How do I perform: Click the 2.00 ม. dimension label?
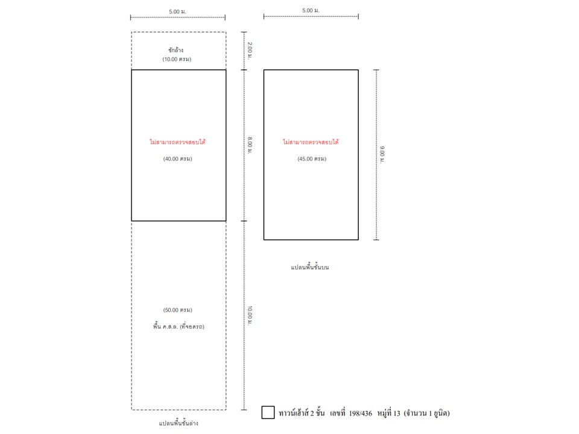(x=250, y=51)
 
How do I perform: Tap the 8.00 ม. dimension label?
(x=250, y=145)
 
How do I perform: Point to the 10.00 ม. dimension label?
(x=250, y=315)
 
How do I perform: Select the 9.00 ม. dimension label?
(x=382, y=155)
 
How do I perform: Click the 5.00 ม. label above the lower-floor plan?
(x=177, y=11)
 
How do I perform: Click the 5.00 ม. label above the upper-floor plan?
(x=311, y=10)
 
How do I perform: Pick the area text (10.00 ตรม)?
(x=177, y=59)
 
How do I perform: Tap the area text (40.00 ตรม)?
(x=177, y=159)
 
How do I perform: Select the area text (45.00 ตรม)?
(x=312, y=159)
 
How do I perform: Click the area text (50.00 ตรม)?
(x=177, y=310)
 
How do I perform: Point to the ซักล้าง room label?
(x=176, y=50)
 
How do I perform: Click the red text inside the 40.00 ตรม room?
(x=177, y=142)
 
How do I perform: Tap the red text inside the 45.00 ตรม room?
(x=311, y=142)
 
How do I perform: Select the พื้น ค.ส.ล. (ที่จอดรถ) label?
(x=179, y=326)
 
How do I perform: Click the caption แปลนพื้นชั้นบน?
(x=310, y=267)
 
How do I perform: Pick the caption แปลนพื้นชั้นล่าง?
(x=179, y=423)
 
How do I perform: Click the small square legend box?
(x=268, y=412)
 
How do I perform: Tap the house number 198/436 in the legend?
(x=361, y=414)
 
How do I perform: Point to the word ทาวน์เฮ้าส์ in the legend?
(x=294, y=413)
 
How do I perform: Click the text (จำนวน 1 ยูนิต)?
(x=427, y=414)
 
